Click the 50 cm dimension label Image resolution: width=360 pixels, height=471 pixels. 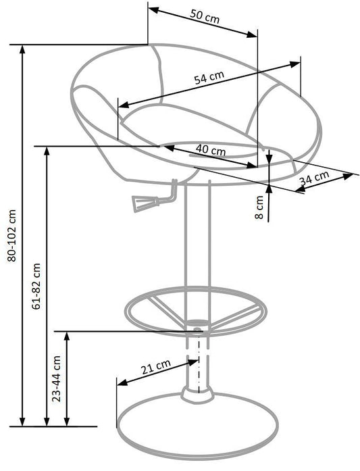point(205,16)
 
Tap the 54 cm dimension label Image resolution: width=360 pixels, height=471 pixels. point(209,78)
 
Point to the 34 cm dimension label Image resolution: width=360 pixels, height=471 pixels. point(314,177)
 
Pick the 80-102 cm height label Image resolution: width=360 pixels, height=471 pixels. point(12,236)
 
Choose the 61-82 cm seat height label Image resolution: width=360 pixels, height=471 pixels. point(36,287)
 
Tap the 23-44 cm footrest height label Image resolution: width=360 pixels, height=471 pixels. point(57,378)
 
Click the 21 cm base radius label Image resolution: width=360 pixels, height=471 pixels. point(156,366)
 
